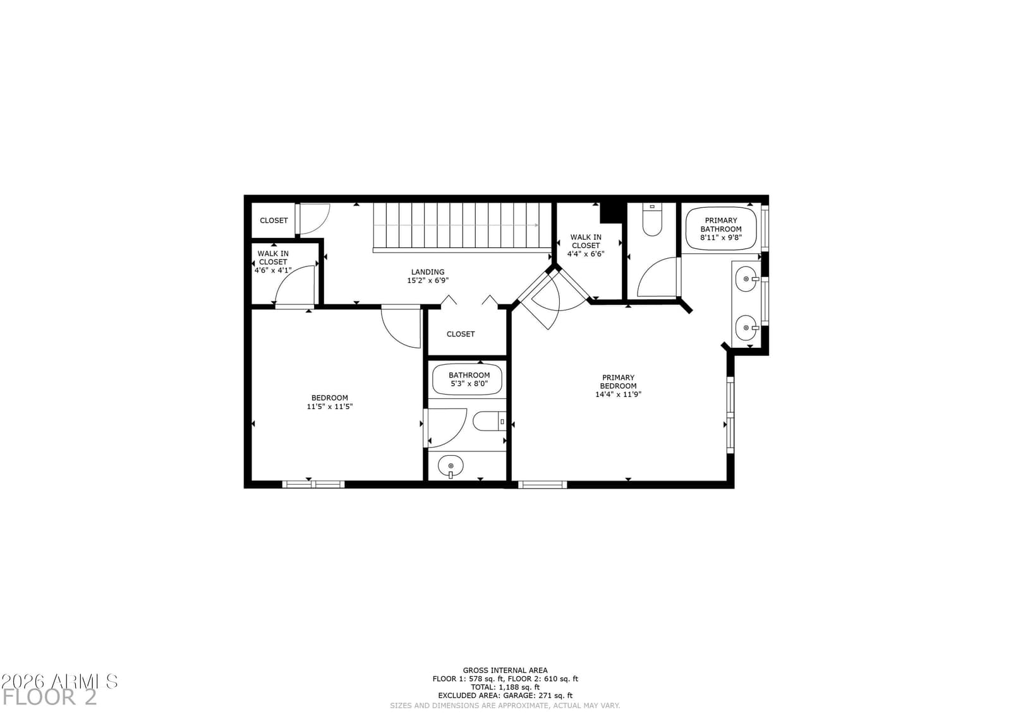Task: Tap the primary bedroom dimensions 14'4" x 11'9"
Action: [618, 394]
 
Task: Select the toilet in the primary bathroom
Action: [651, 220]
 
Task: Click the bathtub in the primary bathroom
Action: [721, 229]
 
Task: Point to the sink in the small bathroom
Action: [451, 465]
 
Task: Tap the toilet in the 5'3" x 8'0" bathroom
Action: [489, 421]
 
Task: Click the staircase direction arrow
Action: [456, 225]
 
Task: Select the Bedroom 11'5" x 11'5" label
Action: [329, 402]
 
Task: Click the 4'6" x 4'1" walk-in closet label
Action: [273, 262]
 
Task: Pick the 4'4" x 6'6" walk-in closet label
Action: [585, 246]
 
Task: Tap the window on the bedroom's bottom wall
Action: [313, 484]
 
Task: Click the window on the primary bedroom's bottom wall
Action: [542, 484]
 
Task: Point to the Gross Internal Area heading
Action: [505, 670]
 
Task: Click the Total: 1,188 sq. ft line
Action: [505, 687]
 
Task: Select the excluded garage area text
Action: [505, 696]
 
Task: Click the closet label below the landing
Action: [461, 334]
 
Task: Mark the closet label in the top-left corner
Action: [274, 220]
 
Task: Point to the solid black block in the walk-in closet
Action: [612, 213]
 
